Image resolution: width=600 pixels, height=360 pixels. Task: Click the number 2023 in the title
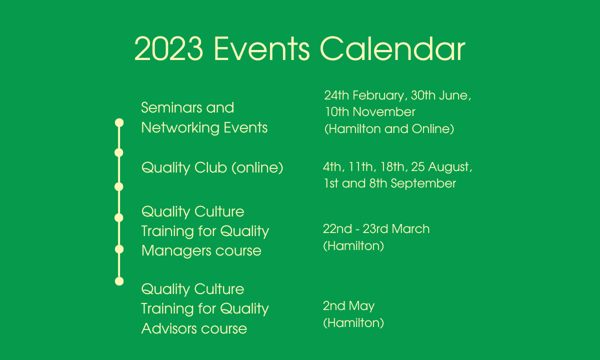[168, 49]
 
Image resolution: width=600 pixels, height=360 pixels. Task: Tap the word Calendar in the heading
[392, 48]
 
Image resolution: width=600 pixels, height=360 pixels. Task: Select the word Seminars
[170, 107]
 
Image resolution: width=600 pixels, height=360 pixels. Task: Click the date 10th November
[370, 111]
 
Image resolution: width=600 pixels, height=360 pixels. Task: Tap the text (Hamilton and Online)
[389, 129]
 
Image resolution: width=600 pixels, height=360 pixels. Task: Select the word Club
[211, 167]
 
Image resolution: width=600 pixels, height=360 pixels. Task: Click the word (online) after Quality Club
[257, 168]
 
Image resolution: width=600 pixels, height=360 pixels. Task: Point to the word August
[448, 167]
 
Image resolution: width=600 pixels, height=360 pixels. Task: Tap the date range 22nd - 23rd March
[376, 229]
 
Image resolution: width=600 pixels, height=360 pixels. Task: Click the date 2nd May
[349, 306]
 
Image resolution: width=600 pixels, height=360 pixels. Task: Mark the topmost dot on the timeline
[119, 122]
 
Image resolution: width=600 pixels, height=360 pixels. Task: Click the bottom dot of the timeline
[119, 281]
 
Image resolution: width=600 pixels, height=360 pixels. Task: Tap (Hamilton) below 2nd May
[353, 323]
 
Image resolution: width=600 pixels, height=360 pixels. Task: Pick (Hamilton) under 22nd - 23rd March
[353, 245]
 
